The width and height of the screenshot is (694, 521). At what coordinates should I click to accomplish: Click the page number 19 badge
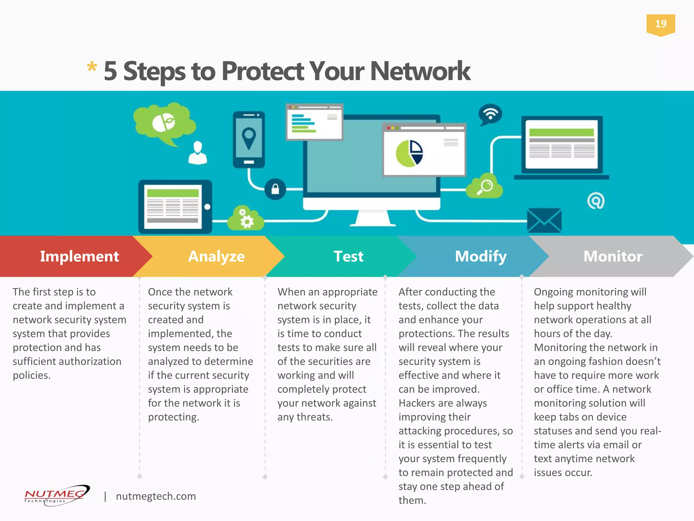pos(660,24)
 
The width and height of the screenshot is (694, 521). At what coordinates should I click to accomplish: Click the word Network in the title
pos(420,71)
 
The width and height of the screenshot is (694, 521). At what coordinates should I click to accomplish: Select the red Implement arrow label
pos(79,256)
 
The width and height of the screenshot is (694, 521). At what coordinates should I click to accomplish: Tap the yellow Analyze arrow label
pos(216,256)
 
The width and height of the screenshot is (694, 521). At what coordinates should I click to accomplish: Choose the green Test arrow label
pos(348,256)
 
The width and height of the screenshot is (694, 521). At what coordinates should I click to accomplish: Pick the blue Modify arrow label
pos(481,256)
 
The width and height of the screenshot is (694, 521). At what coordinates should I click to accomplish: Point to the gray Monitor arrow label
pos(613,256)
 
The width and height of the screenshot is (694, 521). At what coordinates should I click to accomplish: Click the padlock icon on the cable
pos(275,189)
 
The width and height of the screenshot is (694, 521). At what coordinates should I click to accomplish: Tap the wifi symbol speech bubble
pos(490,114)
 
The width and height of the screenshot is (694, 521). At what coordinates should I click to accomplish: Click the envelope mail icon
pos(544,220)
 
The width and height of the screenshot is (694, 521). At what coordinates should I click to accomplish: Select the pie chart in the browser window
pos(409,154)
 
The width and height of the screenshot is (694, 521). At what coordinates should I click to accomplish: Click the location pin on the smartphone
pos(249,137)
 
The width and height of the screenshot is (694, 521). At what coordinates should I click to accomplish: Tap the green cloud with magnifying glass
pos(485,187)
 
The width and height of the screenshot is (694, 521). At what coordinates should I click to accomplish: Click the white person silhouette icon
pos(198,153)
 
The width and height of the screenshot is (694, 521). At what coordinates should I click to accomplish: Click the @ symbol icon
pos(596,201)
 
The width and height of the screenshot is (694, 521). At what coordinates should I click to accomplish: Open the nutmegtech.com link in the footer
pos(156,496)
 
